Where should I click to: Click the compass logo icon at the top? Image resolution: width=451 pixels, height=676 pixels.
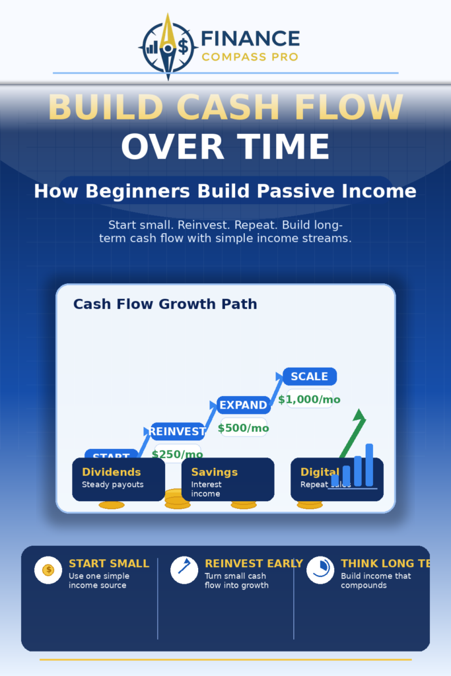(x=168, y=47)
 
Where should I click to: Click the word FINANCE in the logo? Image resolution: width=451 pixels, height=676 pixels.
(x=250, y=39)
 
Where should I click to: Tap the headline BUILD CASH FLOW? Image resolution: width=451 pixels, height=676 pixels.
(x=225, y=108)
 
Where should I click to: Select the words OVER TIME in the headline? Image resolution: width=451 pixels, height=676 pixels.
(x=225, y=147)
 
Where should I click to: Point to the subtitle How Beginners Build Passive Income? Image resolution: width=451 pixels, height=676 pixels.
(x=225, y=191)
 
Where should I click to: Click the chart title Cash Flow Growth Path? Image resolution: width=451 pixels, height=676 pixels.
(x=165, y=304)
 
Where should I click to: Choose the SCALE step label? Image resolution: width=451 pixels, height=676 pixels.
(x=309, y=376)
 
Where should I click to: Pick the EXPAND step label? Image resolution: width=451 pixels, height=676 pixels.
(x=243, y=405)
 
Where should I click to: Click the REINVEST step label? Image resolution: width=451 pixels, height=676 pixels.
(x=177, y=432)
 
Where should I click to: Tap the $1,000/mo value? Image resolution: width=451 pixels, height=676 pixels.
(x=309, y=399)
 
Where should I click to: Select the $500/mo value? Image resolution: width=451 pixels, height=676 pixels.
(x=243, y=428)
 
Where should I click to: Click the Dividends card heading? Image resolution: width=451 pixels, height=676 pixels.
(x=112, y=472)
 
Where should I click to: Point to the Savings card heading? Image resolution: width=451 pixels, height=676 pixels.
(x=214, y=472)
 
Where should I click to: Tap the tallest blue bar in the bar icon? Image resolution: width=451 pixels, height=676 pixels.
(x=369, y=465)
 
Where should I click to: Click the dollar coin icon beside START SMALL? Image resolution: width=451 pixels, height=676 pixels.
(x=48, y=570)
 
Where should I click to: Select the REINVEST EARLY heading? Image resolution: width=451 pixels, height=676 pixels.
(x=254, y=564)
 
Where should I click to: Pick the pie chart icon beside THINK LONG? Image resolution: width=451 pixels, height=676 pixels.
(x=320, y=570)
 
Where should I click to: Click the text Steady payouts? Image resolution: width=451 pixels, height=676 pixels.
(x=112, y=485)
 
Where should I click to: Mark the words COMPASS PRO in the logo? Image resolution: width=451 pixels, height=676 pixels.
(x=250, y=57)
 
